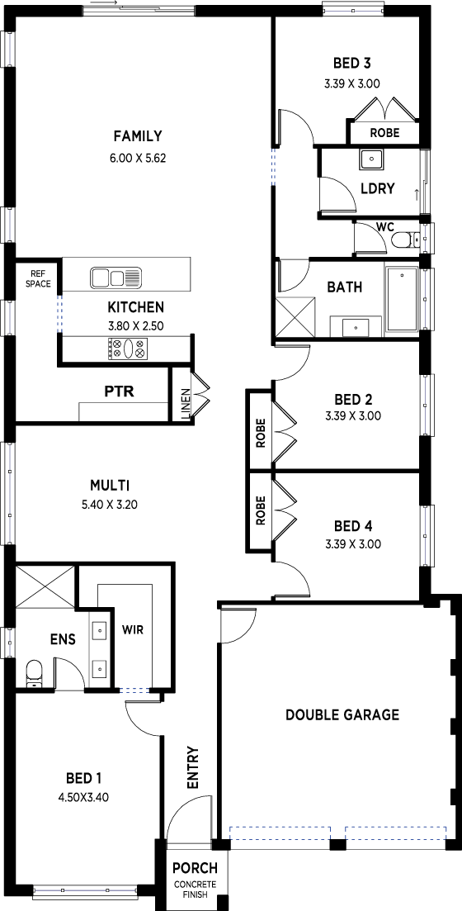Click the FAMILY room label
[x=138, y=136]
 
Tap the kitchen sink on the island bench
[x=115, y=278]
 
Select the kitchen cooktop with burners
[x=127, y=349]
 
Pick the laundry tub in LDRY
[x=370, y=159]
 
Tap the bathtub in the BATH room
[x=402, y=299]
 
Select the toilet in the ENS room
[x=34, y=674]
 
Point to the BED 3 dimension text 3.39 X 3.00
[x=352, y=83]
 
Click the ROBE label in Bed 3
[x=384, y=133]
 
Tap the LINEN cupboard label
[x=186, y=405]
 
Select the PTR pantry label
[x=120, y=391]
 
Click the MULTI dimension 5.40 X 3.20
[x=110, y=505]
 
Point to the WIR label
[x=132, y=629]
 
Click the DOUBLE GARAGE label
[x=342, y=714]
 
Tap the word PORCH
[x=195, y=869]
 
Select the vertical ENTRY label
[x=193, y=767]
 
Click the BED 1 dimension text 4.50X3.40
[x=83, y=798]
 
